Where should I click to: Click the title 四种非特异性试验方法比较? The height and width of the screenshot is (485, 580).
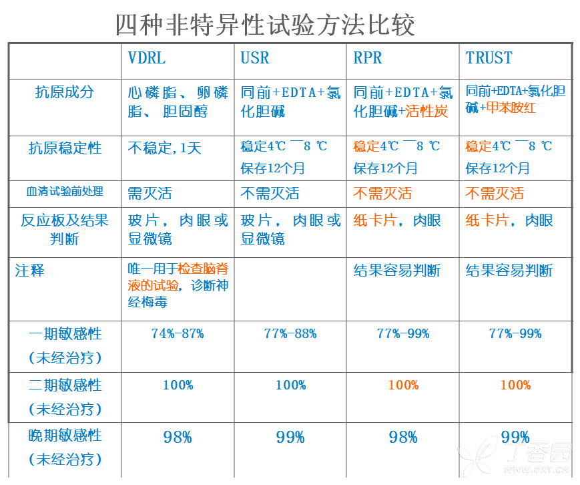pyautogui.click(x=265, y=25)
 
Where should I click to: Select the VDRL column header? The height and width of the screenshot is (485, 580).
pyautogui.click(x=146, y=58)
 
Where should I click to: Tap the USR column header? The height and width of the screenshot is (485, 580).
pyautogui.click(x=255, y=58)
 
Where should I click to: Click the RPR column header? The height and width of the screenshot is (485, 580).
pyautogui.click(x=368, y=58)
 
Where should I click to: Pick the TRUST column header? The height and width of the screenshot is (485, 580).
pyautogui.click(x=489, y=58)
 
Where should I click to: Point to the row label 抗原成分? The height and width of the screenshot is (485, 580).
pyautogui.click(x=65, y=92)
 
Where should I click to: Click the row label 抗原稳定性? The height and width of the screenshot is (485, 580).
pyautogui.click(x=65, y=148)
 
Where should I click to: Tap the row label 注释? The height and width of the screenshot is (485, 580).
pyautogui.click(x=30, y=271)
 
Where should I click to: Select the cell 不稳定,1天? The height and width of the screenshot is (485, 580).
pyautogui.click(x=164, y=148)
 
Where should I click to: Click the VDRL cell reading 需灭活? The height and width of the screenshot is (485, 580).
pyautogui.click(x=150, y=194)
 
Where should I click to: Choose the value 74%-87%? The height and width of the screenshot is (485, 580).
pyautogui.click(x=178, y=333)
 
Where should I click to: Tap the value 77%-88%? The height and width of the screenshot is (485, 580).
pyautogui.click(x=290, y=333)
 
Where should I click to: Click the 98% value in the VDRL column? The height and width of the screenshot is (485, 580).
pyautogui.click(x=178, y=438)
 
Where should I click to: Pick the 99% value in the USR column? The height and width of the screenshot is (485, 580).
pyautogui.click(x=290, y=438)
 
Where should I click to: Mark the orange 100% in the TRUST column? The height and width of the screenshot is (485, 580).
pyautogui.click(x=515, y=385)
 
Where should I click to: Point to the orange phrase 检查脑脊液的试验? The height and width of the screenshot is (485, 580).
pyautogui.click(x=179, y=277)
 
